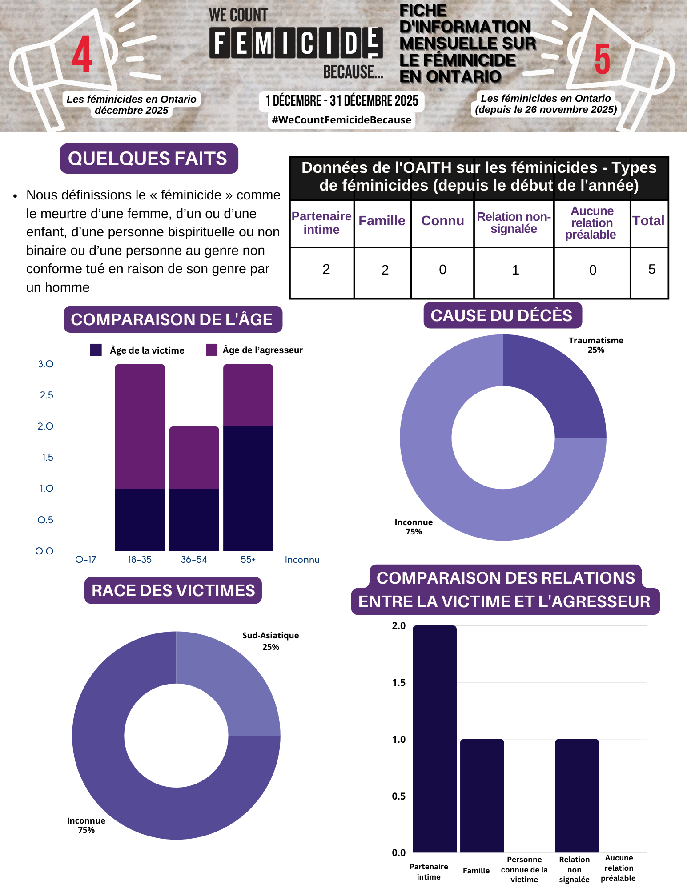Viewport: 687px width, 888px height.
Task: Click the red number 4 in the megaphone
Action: pos(82,54)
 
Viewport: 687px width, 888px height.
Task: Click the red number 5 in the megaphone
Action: pos(602,59)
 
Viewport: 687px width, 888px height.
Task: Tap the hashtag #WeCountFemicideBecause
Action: pos(341,120)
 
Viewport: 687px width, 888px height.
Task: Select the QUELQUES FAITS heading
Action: pos(148,159)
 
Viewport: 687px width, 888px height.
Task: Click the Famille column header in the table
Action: pos(382,221)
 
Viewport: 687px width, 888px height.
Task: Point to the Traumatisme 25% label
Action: pos(596,345)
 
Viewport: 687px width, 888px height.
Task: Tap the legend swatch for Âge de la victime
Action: pos(96,350)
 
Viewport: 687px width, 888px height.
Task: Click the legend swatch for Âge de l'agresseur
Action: pos(212,350)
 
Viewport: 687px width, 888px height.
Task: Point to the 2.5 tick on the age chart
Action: pos(46,395)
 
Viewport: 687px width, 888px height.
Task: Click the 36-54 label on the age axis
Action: pos(194,560)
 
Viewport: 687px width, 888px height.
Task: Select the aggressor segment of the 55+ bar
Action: pos(248,395)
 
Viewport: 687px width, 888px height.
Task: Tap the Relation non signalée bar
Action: pos(577,795)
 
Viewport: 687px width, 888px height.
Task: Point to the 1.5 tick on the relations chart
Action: pos(399,683)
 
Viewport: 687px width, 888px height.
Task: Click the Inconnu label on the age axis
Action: pos(302,560)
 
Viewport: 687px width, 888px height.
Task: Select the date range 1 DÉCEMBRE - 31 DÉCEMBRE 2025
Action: pos(342,101)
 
